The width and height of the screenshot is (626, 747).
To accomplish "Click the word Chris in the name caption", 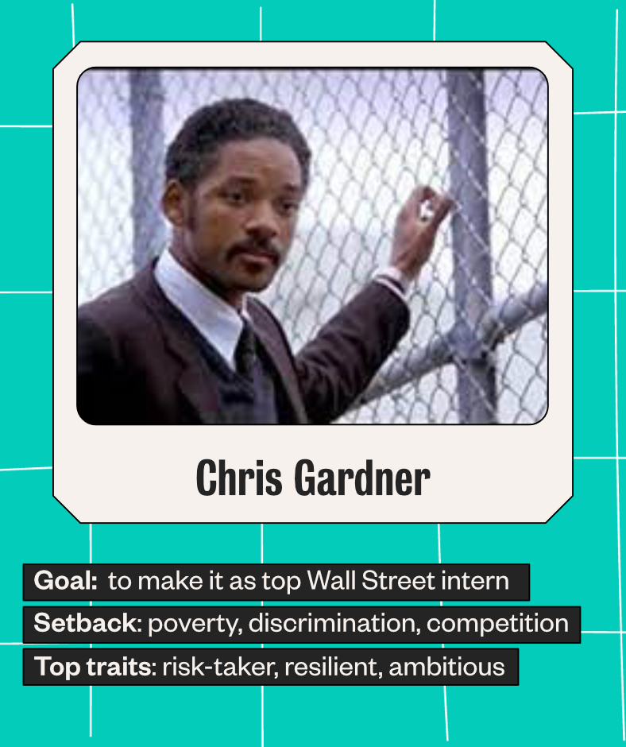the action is (238, 478).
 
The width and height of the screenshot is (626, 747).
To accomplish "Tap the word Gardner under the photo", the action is (362, 478).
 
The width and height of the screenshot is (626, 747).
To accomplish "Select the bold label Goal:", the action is (66, 581).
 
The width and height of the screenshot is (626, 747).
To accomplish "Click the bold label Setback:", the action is (87, 623).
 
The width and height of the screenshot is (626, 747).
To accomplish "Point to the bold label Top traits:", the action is (95, 666).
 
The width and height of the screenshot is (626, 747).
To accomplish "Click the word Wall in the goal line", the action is (331, 581).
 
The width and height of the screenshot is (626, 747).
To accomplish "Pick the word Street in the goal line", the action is (398, 581).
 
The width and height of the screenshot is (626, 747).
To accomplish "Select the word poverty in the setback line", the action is (195, 624).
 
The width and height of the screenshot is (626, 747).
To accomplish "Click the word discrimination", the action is (334, 623).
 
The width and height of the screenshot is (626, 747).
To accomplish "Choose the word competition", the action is (497, 624).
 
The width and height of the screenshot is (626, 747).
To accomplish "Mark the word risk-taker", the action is (220, 667).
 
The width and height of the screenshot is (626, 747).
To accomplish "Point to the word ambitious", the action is (446, 667).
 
